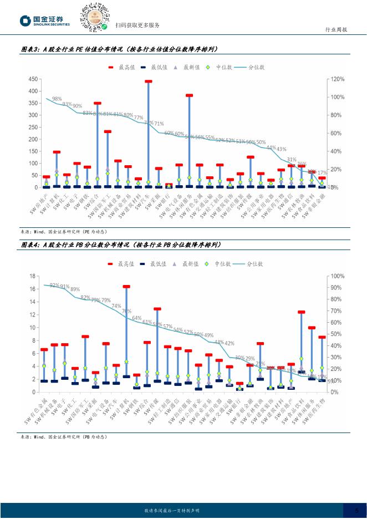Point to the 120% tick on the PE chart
coord(338,79)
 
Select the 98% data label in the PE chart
coord(57,99)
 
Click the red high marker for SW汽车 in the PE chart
coord(148,82)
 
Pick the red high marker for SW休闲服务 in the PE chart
coord(189,95)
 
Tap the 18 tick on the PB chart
coord(33,276)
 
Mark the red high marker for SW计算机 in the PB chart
coord(126,287)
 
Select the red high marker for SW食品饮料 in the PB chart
coord(302,312)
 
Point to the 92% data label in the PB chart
coord(54,286)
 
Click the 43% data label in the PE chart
coord(281,149)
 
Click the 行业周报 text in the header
coord(335,30)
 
